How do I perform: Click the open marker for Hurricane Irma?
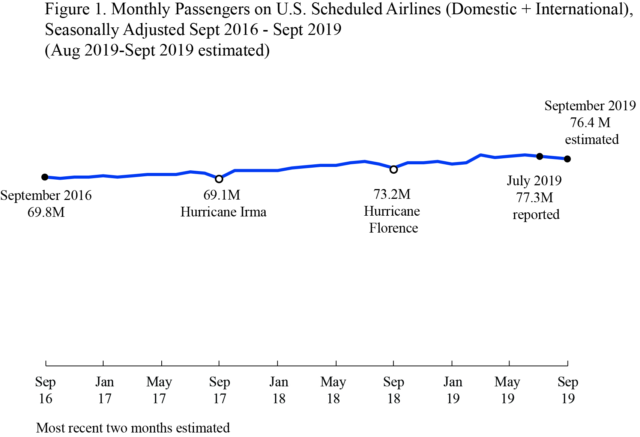click(x=219, y=179)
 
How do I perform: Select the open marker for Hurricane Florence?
click(x=394, y=170)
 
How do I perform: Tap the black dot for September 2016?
click(x=45, y=177)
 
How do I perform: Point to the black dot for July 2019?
click(x=539, y=156)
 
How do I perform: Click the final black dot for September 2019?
click(x=568, y=159)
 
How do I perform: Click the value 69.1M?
click(x=222, y=195)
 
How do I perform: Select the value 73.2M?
click(x=392, y=194)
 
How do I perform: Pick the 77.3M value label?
click(x=535, y=198)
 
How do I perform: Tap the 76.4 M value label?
click(x=590, y=123)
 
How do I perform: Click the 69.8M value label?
click(x=46, y=212)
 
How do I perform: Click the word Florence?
click(x=394, y=228)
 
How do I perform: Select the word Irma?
click(x=253, y=212)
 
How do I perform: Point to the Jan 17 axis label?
click(x=105, y=390)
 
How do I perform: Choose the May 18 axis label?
click(x=333, y=390)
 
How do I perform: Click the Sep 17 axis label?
click(x=219, y=390)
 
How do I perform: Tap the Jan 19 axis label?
click(x=453, y=390)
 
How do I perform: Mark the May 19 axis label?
click(x=507, y=390)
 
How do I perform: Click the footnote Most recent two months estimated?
click(x=133, y=428)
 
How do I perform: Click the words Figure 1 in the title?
click(x=75, y=9)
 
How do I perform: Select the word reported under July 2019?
click(x=536, y=215)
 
